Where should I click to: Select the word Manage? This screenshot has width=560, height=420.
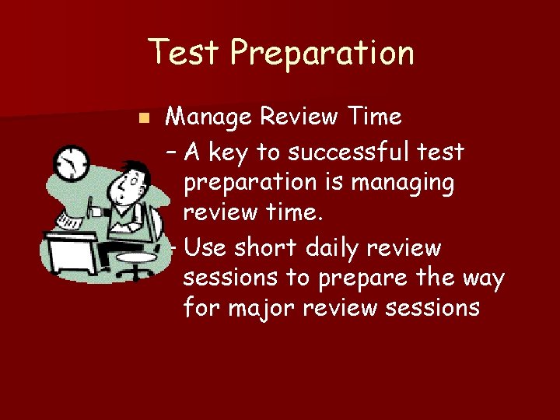click(208, 117)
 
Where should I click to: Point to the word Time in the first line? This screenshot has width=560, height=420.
click(375, 117)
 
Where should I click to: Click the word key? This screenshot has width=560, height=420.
click(228, 152)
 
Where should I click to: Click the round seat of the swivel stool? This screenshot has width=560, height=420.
click(135, 257)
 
